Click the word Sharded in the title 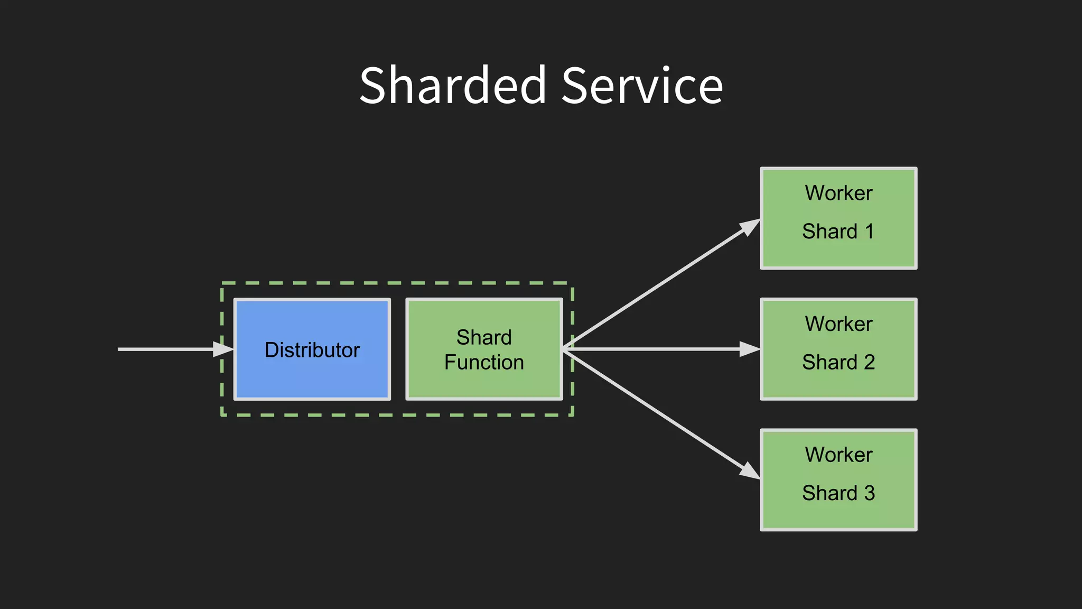pyautogui.click(x=452, y=86)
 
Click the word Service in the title pyautogui.click(x=642, y=86)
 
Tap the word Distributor pyautogui.click(x=312, y=350)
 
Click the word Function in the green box pyautogui.click(x=484, y=363)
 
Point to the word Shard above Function pyautogui.click(x=484, y=337)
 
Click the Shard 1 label pyautogui.click(x=838, y=232)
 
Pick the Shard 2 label pyautogui.click(x=838, y=362)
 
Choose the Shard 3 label pyautogui.click(x=838, y=493)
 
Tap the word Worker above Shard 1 pyautogui.click(x=838, y=193)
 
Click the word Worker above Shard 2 pyautogui.click(x=838, y=324)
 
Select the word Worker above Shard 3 pyautogui.click(x=838, y=455)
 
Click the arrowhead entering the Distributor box pyautogui.click(x=223, y=349)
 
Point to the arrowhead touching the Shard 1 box pyautogui.click(x=750, y=227)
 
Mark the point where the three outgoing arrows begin pyautogui.click(x=564, y=349)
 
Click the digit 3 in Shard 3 pyautogui.click(x=869, y=493)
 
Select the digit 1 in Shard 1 pyautogui.click(x=869, y=232)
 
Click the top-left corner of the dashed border pyautogui.click(x=222, y=284)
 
